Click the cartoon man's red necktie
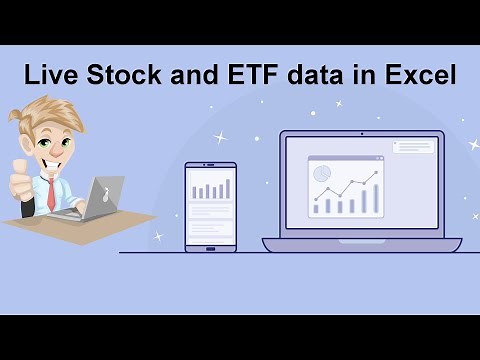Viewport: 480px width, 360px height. (x=50, y=195)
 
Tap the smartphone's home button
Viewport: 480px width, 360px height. (x=210, y=244)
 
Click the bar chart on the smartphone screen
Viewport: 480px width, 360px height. (x=210, y=188)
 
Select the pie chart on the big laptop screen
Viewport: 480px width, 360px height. (x=322, y=174)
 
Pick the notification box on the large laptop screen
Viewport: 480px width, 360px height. (x=414, y=147)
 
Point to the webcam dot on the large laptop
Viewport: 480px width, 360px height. (x=362, y=134)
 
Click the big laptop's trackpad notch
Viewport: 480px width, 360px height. (x=362, y=240)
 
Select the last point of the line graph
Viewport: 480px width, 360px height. (x=377, y=172)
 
